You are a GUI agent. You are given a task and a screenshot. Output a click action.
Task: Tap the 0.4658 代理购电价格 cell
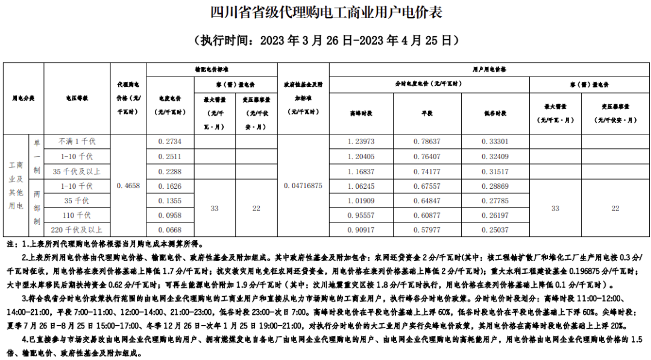tap(128, 186)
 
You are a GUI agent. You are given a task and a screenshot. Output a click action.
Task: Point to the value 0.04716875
tap(303, 186)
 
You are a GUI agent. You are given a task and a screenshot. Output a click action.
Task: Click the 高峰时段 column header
tap(361, 113)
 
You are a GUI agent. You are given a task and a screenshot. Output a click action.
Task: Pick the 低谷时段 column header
tap(495, 113)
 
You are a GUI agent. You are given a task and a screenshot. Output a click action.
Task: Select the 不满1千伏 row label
tap(77, 141)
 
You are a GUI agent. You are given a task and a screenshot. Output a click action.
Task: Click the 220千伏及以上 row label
tap(77, 230)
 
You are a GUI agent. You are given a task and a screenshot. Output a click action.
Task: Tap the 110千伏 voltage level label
tap(77, 215)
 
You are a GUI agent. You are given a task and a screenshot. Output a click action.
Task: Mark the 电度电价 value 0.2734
tap(169, 141)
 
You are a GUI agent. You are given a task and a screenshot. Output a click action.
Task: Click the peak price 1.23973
tap(361, 141)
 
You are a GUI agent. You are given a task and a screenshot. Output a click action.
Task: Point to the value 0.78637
tap(427, 141)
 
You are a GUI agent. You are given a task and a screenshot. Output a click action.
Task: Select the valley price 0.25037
tap(495, 230)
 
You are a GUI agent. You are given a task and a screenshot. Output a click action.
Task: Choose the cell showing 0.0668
tap(169, 230)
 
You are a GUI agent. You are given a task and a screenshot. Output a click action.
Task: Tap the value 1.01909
tap(361, 200)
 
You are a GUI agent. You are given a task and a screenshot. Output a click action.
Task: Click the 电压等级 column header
tap(77, 97)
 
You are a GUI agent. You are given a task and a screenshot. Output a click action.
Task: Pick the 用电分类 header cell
tap(24, 97)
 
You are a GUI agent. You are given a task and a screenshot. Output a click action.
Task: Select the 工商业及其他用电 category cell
tap(16, 186)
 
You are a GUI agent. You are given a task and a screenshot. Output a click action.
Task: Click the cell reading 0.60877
tap(427, 215)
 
